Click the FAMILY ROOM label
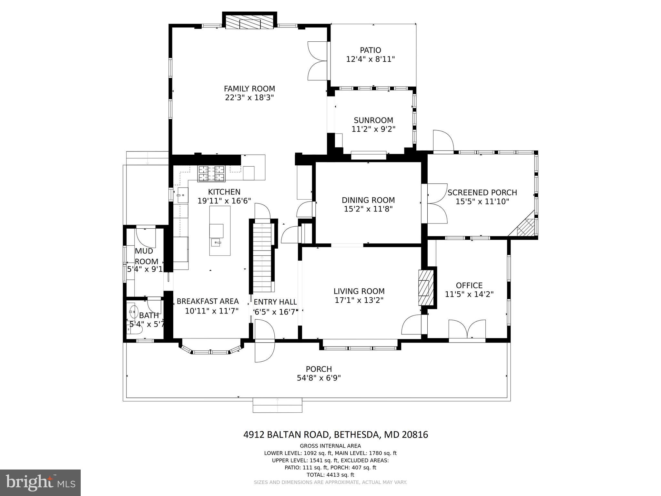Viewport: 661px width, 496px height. pos(249,88)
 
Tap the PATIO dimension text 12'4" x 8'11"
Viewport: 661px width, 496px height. pos(371,59)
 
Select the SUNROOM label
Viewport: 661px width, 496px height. pos(373,120)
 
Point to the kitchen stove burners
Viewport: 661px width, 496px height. pos(211,173)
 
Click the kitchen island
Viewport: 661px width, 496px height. pos(220,231)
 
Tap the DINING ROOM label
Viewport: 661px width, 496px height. pos(368,200)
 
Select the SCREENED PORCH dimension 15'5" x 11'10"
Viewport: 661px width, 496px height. pos(482,202)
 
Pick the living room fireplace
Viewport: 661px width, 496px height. pos(426,287)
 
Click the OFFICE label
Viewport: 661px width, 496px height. pos(469,285)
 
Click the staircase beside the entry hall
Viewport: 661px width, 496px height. pos(262,255)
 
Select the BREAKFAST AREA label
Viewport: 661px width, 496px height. pos(208,301)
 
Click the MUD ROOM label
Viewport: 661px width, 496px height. pos(144,256)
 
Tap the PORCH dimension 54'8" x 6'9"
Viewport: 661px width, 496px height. pos(319,378)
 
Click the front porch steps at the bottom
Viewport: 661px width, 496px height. pos(277,405)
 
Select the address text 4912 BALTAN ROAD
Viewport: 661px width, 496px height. pos(286,435)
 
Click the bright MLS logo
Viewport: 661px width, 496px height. pos(40,482)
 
